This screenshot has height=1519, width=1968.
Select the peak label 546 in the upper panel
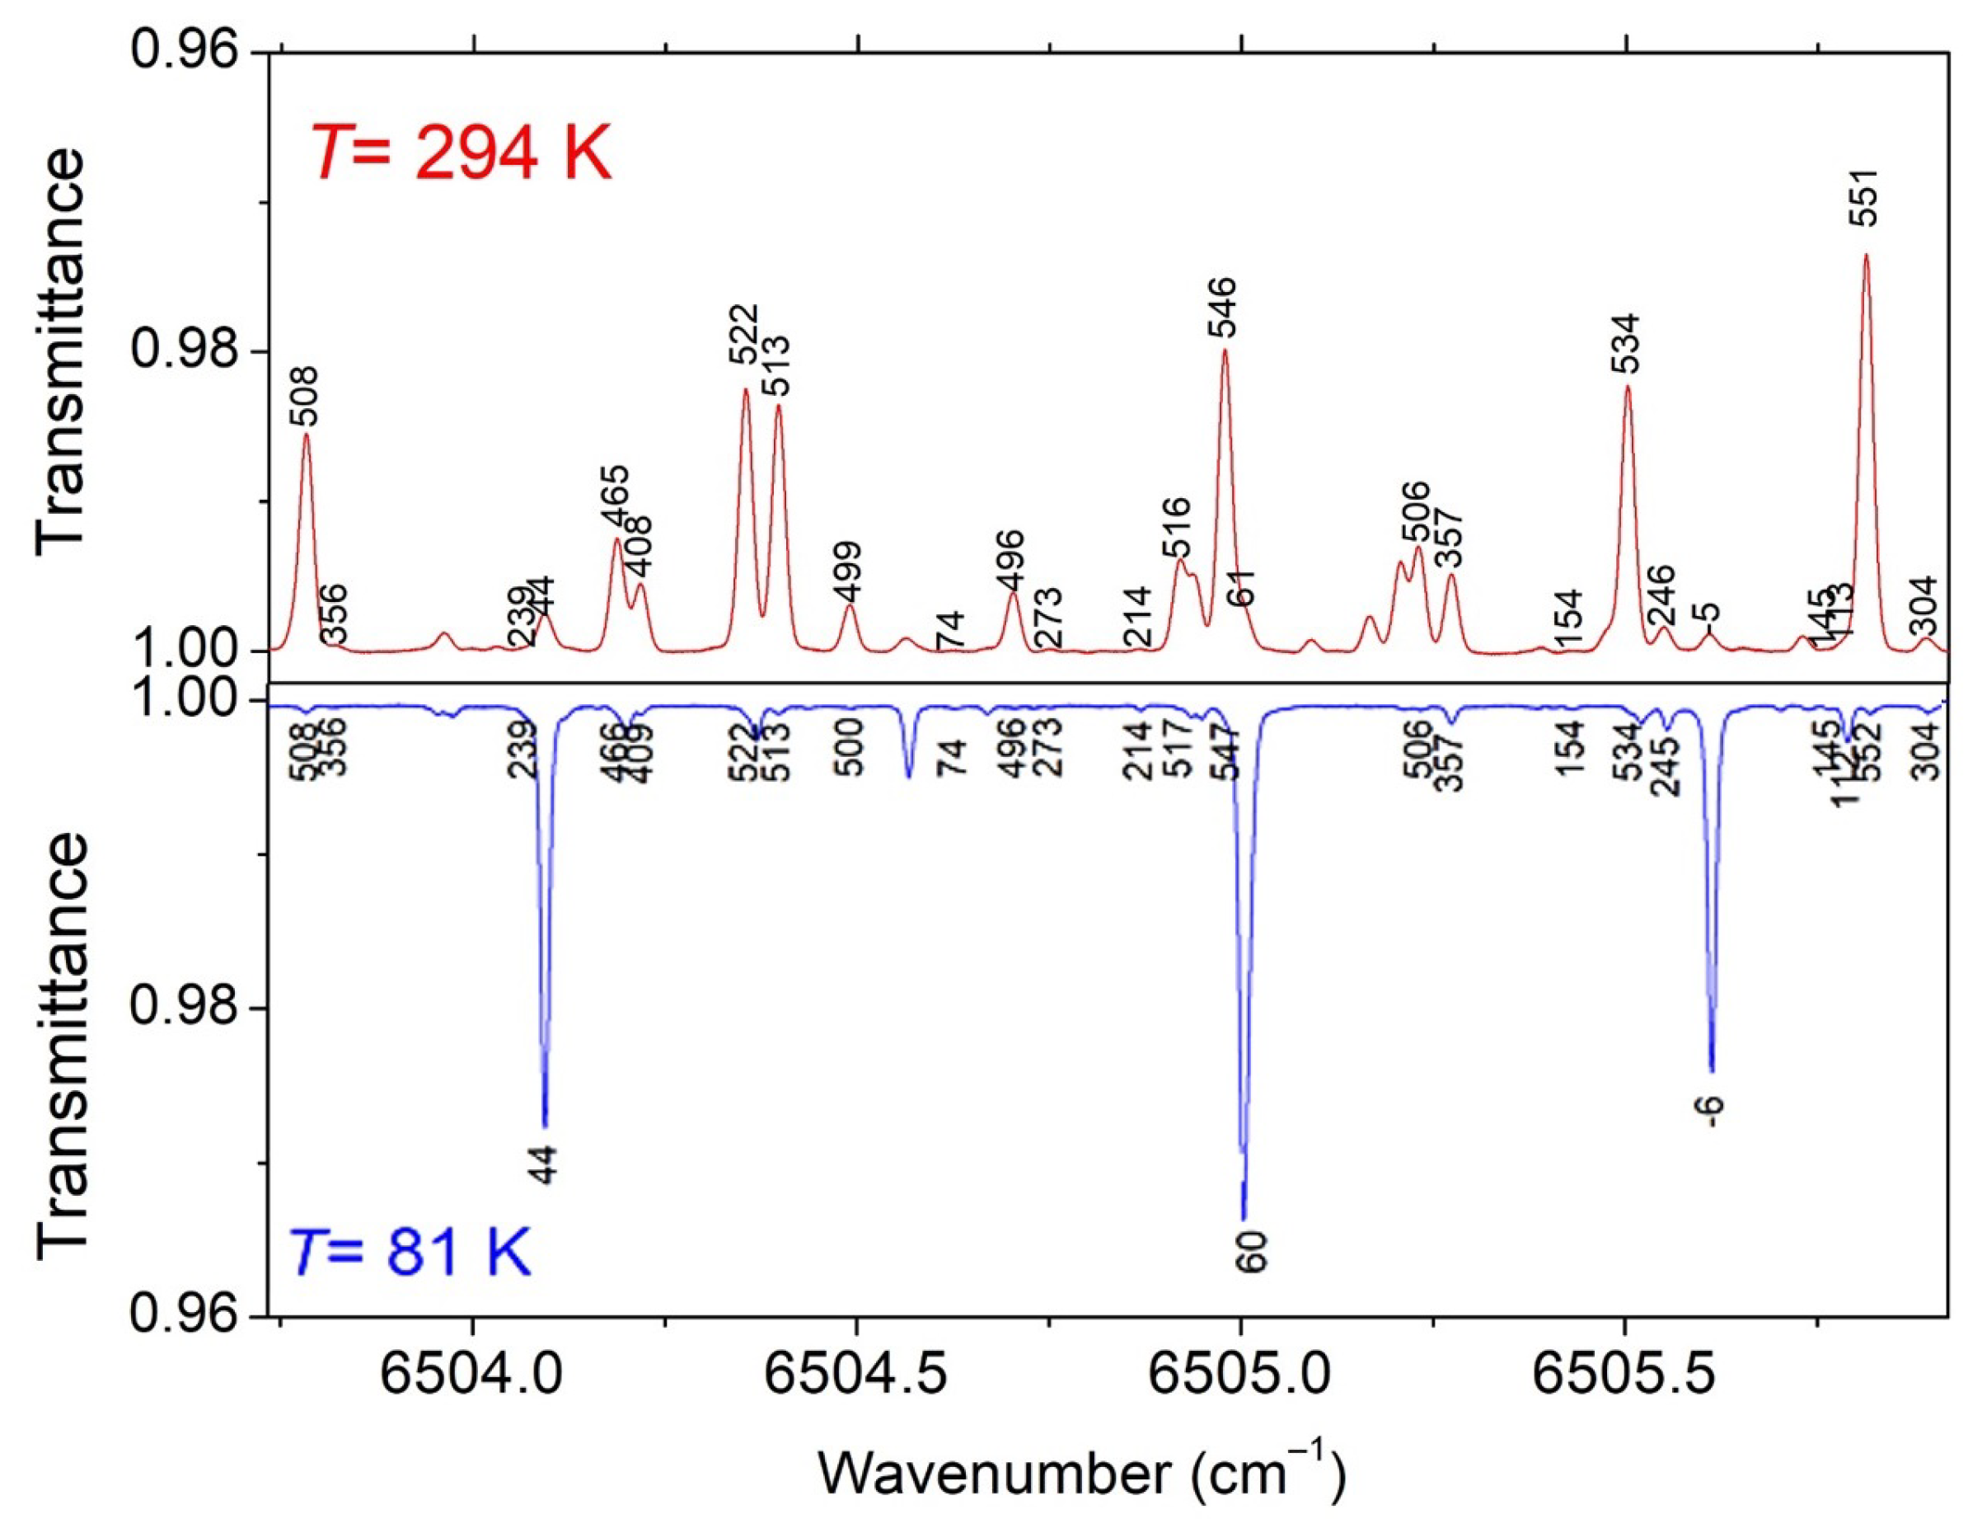(1223, 308)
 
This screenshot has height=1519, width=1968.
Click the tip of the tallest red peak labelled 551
(1866, 255)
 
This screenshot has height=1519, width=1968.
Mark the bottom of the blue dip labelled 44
(544, 1126)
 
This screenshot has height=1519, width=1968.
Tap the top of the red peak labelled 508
(307, 435)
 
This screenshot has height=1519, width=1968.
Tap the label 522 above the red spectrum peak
(744, 333)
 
